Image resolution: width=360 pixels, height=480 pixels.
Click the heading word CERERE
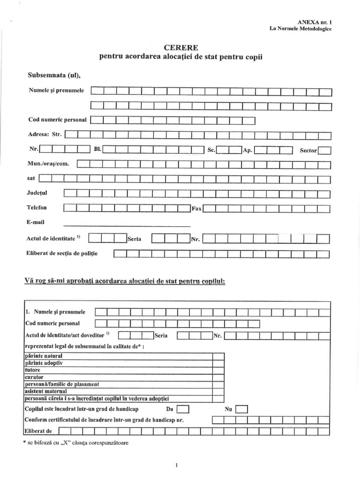(181, 48)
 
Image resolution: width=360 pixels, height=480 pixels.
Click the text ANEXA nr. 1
(315, 22)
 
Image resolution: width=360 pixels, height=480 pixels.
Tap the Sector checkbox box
(324, 150)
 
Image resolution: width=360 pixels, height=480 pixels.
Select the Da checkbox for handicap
(183, 410)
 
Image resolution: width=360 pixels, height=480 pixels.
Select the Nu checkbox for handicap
(241, 410)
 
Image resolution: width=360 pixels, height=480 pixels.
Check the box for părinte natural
(218, 356)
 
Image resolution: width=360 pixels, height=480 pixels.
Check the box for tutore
(218, 370)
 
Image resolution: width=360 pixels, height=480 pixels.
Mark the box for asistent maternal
(218, 391)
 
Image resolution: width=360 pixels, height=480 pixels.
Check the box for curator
(218, 377)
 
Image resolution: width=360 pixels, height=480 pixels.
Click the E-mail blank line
(127, 225)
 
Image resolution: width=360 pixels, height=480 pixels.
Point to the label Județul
(37, 193)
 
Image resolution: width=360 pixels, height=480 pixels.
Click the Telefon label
(37, 207)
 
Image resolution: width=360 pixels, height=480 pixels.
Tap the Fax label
(196, 209)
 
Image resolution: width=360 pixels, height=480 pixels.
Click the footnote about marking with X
(75, 442)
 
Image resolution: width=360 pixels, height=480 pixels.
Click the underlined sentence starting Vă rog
(125, 281)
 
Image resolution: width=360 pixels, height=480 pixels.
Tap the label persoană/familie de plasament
(61, 384)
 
